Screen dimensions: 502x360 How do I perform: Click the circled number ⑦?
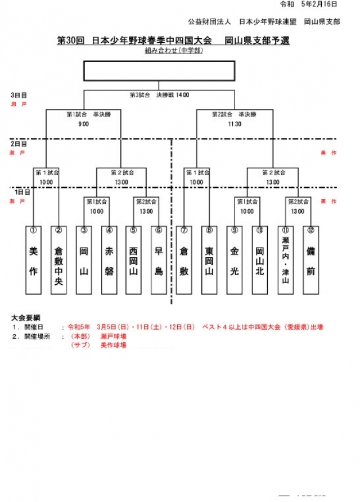coord(183,230)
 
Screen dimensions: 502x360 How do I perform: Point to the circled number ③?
coord(83,230)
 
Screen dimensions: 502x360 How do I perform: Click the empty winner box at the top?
coord(159,71)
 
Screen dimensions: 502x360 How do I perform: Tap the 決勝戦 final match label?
coord(169,95)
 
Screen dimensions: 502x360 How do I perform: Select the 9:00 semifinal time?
coord(84,124)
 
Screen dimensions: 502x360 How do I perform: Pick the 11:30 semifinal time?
coord(235,124)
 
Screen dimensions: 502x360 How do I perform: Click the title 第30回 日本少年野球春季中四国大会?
coord(134,41)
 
